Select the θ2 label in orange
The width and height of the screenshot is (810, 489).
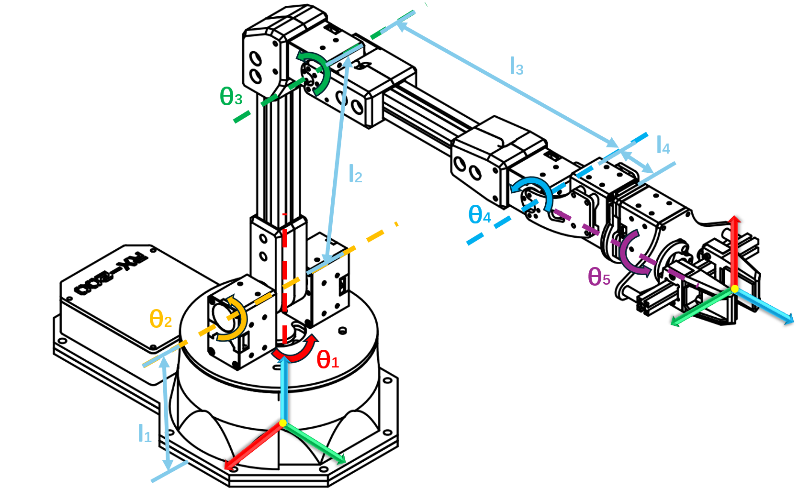point(160,319)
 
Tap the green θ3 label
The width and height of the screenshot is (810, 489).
point(231,97)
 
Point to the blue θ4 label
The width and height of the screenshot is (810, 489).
point(480,215)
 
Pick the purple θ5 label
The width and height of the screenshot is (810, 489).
point(599,277)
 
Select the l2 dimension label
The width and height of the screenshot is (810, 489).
point(355,173)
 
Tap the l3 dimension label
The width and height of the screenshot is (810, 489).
point(517,66)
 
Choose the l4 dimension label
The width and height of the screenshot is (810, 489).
point(663,145)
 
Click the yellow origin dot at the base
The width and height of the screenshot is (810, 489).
point(283,423)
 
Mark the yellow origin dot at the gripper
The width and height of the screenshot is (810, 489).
point(734,289)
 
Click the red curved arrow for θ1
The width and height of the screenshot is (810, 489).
point(297,352)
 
